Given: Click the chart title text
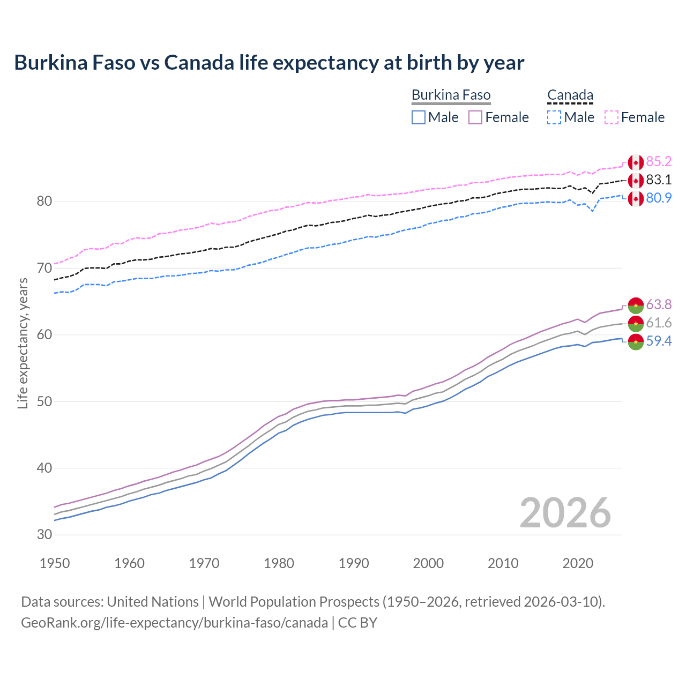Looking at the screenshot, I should (x=269, y=63).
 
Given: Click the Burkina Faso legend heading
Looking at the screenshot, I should (x=451, y=95).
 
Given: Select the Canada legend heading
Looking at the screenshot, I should (x=570, y=95).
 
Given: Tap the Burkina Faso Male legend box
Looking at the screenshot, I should (x=419, y=117).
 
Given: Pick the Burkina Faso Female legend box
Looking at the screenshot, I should (x=475, y=117).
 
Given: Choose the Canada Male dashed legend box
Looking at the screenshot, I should (x=554, y=117).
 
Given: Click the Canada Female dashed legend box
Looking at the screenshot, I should (x=612, y=117).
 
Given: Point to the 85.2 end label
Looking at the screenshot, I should (x=659, y=162).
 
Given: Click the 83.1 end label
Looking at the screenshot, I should (x=659, y=180).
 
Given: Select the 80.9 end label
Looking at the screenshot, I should (x=659, y=198).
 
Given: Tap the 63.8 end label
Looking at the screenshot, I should (x=659, y=305).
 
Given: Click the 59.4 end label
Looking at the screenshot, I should (x=659, y=341).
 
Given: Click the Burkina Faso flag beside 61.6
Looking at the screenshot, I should (x=636, y=323).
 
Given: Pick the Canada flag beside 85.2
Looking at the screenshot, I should (x=636, y=162).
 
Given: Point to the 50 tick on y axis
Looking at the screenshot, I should (x=44, y=401).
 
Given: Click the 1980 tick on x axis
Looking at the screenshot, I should (x=279, y=563).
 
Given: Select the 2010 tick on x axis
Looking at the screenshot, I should (x=503, y=563).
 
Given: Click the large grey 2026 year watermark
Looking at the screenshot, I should (x=565, y=513).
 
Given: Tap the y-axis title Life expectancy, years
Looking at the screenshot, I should (x=23, y=343).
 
